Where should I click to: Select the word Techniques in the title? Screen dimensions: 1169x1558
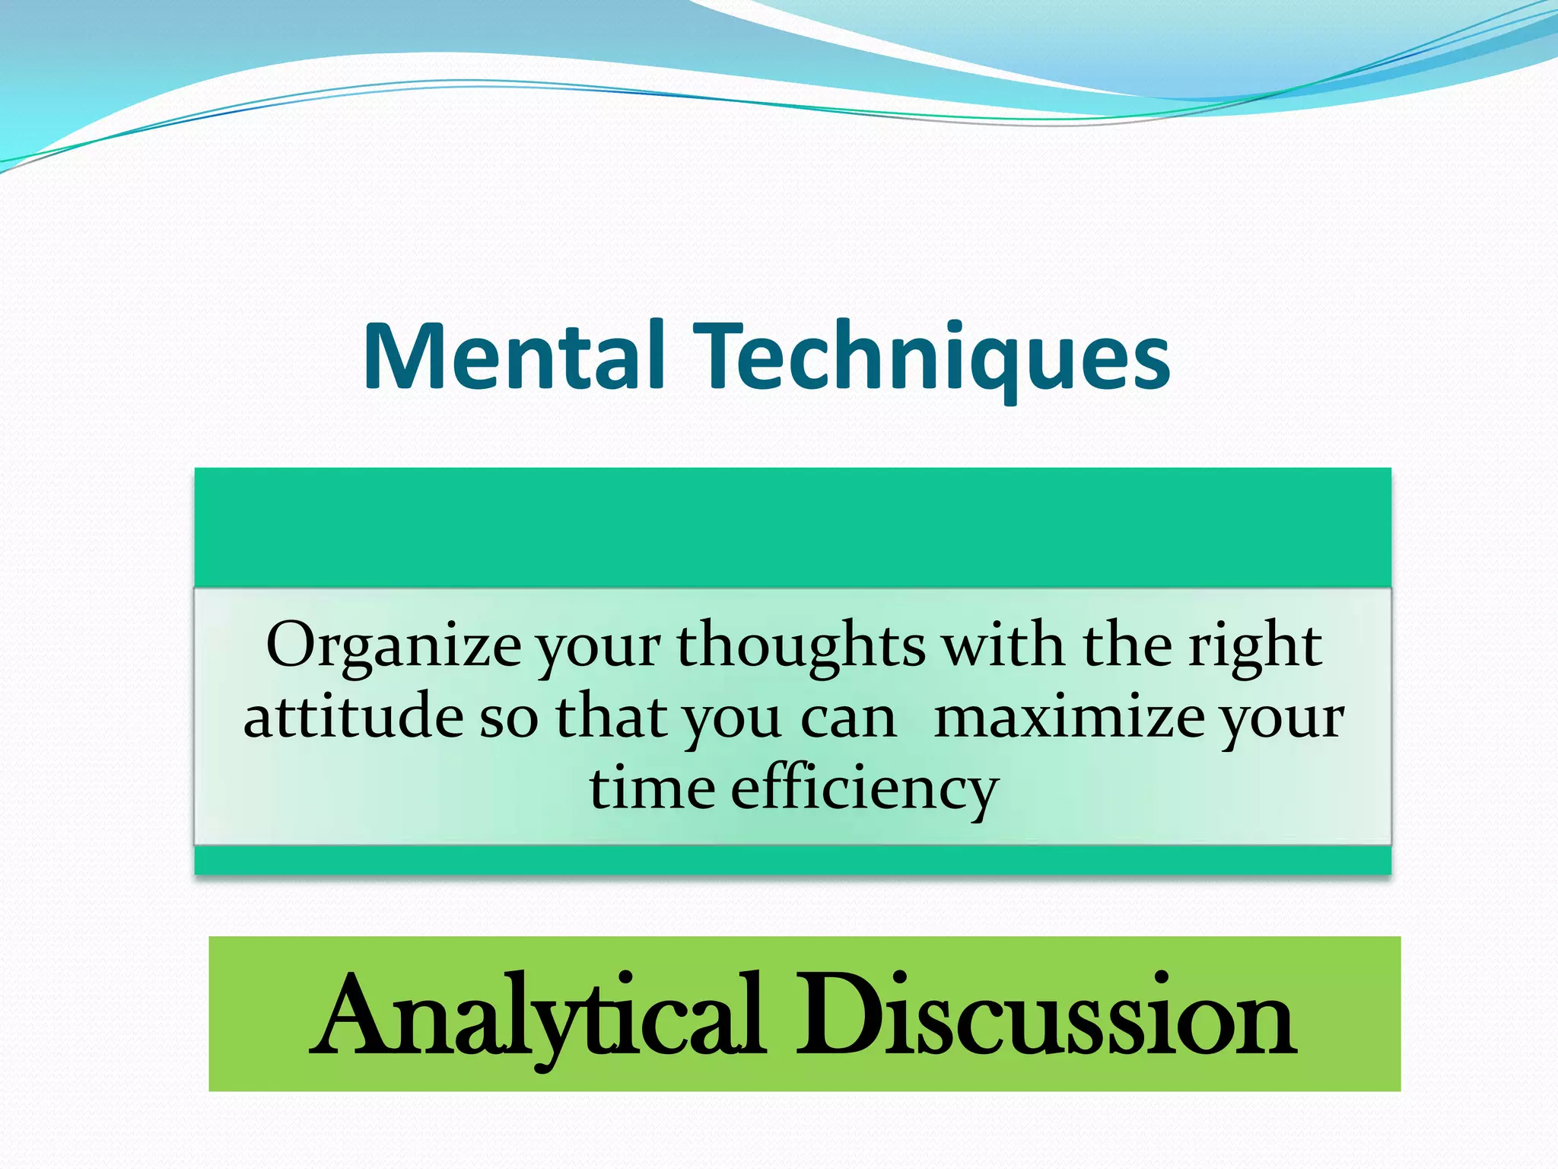pyautogui.click(x=934, y=356)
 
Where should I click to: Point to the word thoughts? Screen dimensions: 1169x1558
pyautogui.click(x=801, y=645)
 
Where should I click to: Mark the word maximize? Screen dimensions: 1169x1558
pyautogui.click(x=1069, y=717)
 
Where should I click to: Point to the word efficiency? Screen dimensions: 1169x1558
pyautogui.click(x=864, y=790)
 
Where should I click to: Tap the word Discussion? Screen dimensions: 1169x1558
pyautogui.click(x=1045, y=1015)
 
